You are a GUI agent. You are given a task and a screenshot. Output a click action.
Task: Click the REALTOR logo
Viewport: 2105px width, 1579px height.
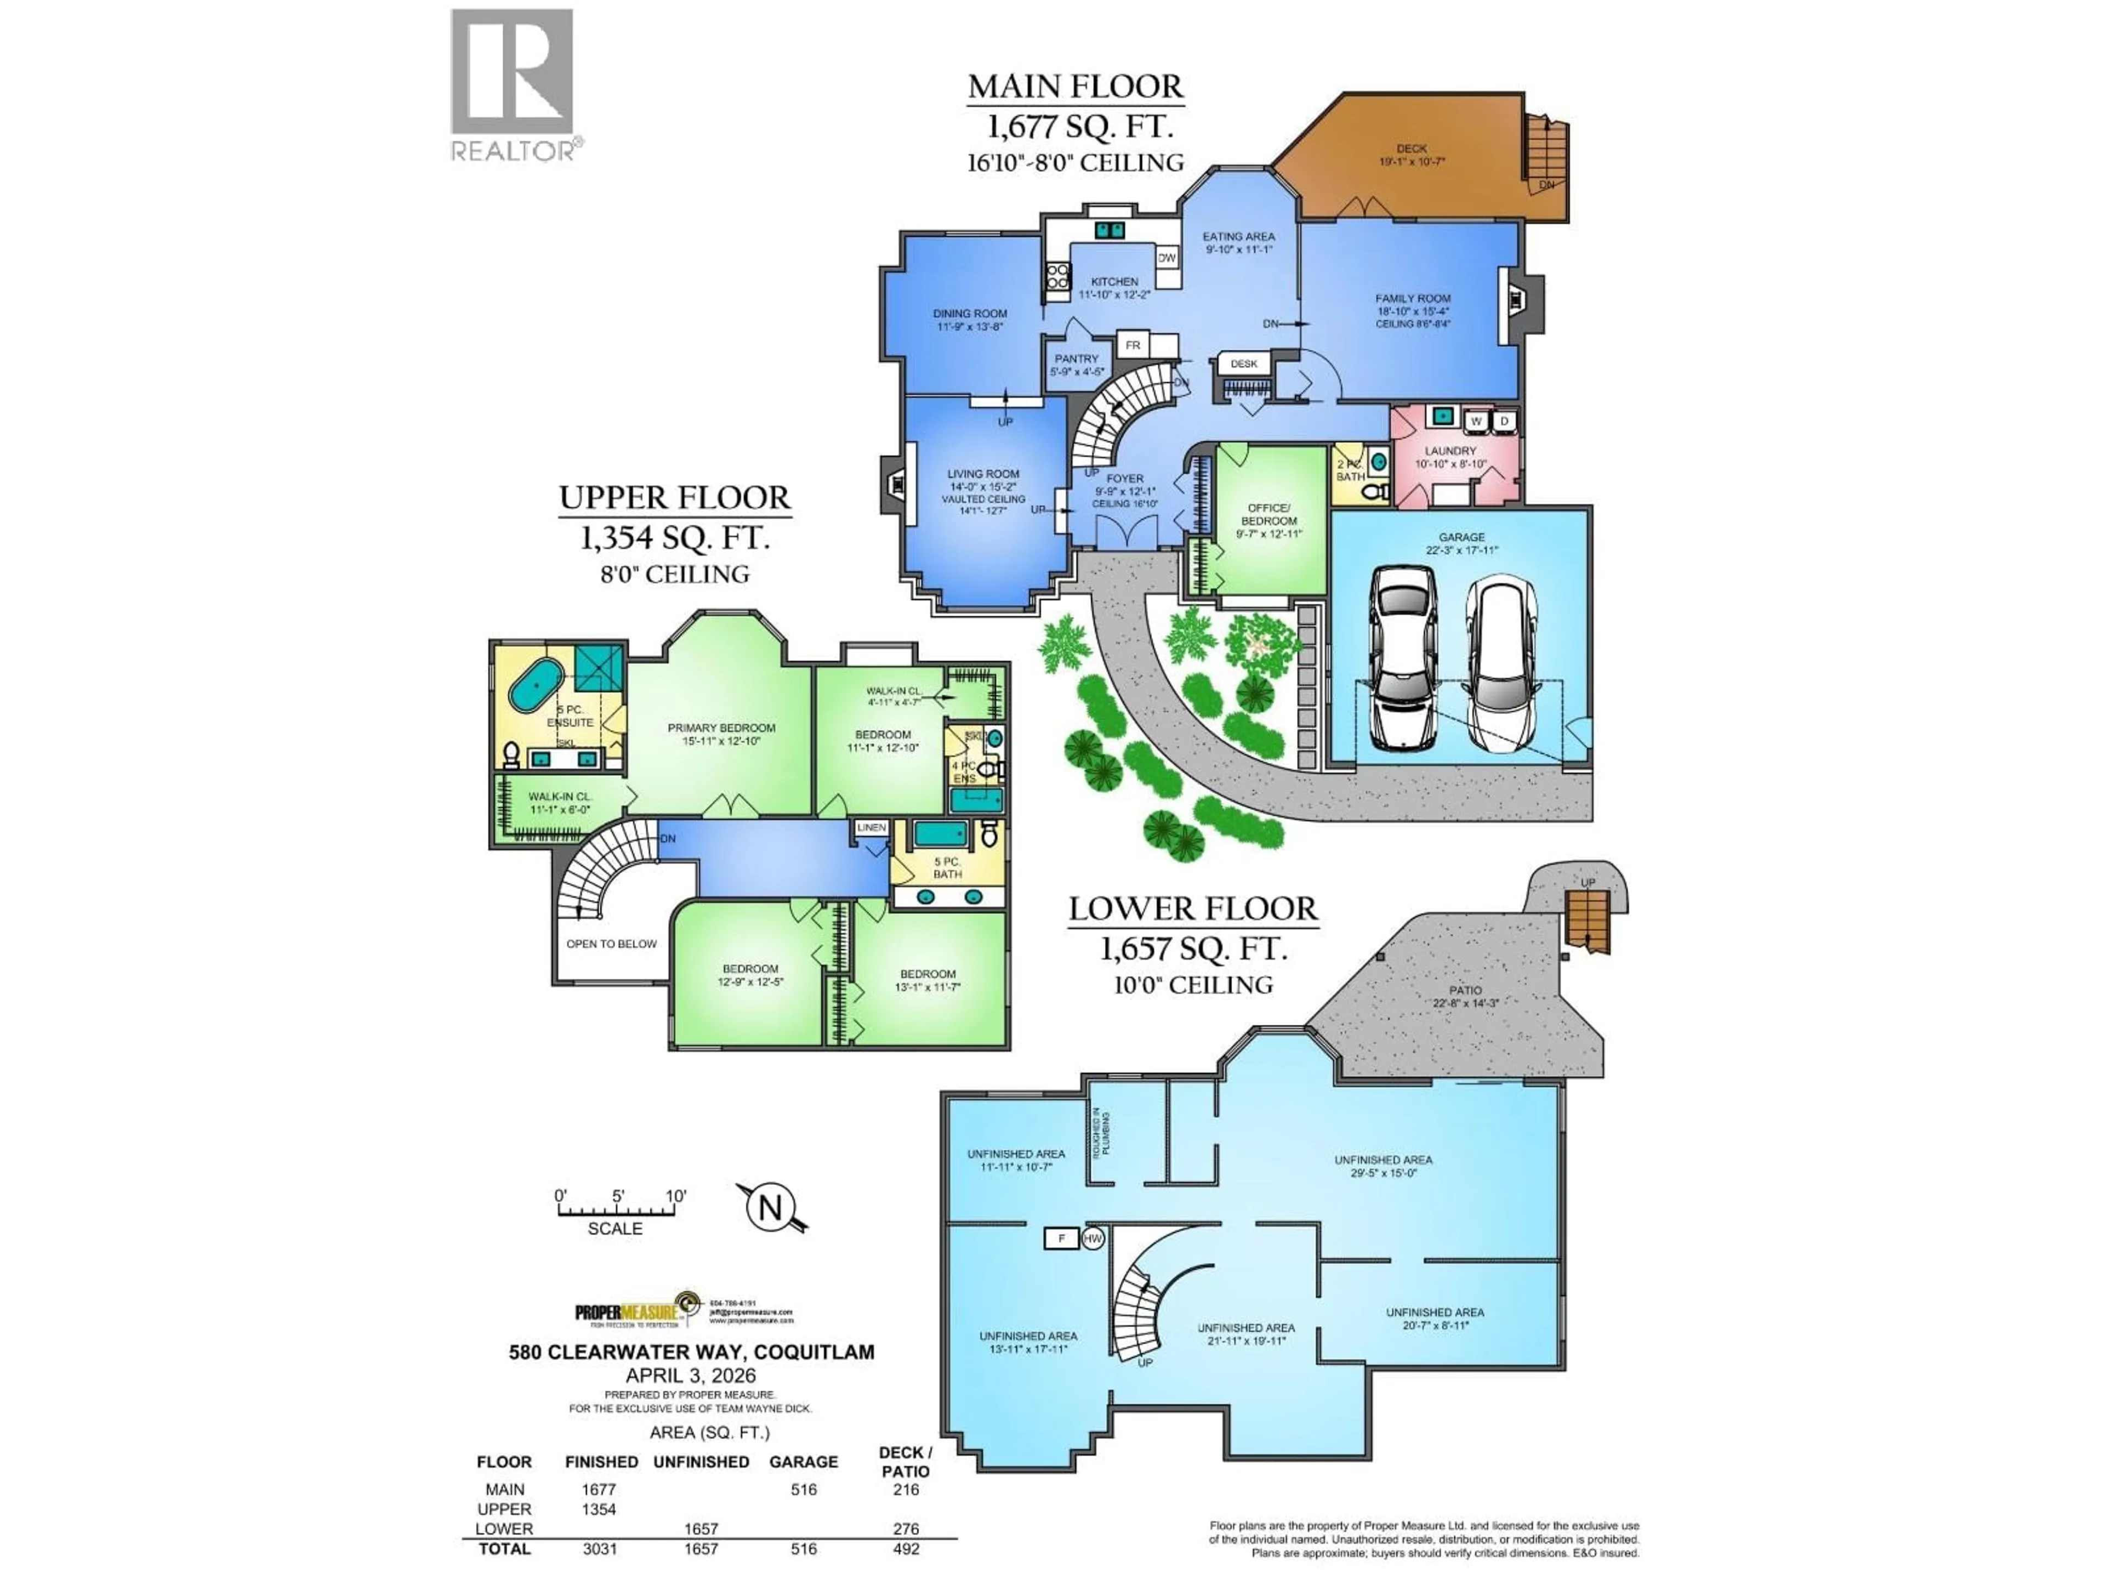pyautogui.click(x=512, y=84)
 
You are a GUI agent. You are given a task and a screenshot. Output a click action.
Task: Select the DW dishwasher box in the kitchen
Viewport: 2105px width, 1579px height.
pyautogui.click(x=1167, y=258)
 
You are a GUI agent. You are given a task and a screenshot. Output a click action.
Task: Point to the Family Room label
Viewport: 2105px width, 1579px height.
pyautogui.click(x=1412, y=299)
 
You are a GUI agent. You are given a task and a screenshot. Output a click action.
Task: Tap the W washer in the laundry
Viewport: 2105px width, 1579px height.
pyautogui.click(x=1476, y=421)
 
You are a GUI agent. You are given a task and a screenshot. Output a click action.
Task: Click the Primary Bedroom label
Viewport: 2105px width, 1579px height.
pyautogui.click(x=721, y=728)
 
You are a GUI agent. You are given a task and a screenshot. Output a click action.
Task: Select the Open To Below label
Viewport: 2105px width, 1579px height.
pyautogui.click(x=611, y=944)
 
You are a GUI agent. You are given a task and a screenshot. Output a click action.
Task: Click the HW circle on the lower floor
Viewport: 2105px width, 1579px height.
pyautogui.click(x=1093, y=1239)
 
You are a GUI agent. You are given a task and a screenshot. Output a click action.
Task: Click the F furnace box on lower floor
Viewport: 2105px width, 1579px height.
pyautogui.click(x=1061, y=1239)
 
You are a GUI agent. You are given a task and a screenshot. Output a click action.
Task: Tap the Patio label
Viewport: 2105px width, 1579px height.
pyautogui.click(x=1465, y=991)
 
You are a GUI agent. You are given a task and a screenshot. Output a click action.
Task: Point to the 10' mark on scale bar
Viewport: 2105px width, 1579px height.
pyautogui.click(x=676, y=1196)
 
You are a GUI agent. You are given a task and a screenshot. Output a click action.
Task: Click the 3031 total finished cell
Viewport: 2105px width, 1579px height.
pyautogui.click(x=600, y=1548)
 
